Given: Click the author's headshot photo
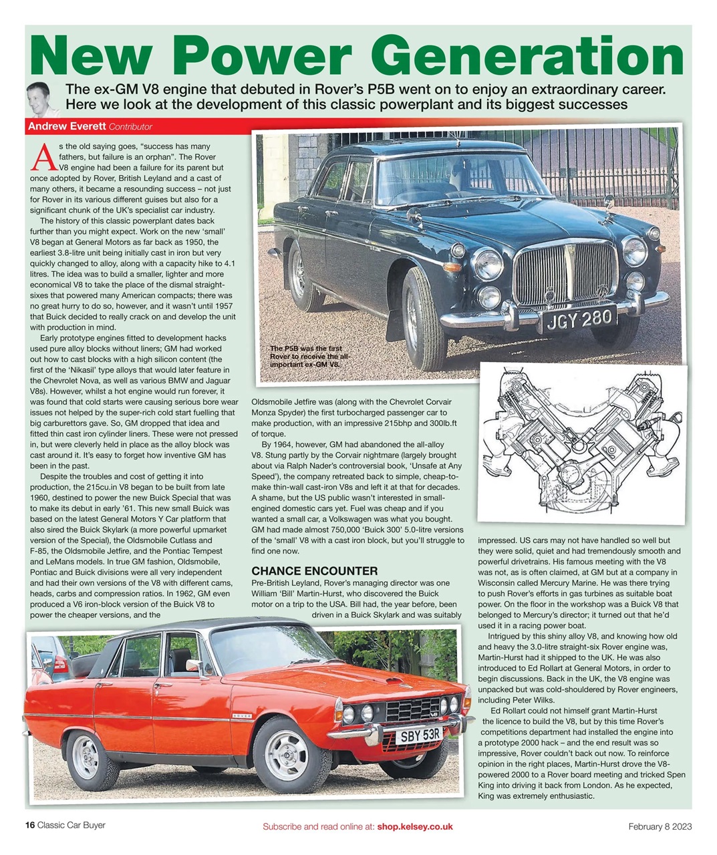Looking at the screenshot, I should click(x=39, y=99).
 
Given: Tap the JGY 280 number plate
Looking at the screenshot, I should click(x=580, y=319).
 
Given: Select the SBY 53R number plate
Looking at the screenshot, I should click(x=420, y=735).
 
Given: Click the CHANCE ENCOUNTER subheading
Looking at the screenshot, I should click(x=315, y=571).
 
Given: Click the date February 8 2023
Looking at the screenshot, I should click(x=660, y=826).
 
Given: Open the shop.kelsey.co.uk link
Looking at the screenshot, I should click(x=414, y=826).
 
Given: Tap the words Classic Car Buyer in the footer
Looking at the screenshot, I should click(x=71, y=826).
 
